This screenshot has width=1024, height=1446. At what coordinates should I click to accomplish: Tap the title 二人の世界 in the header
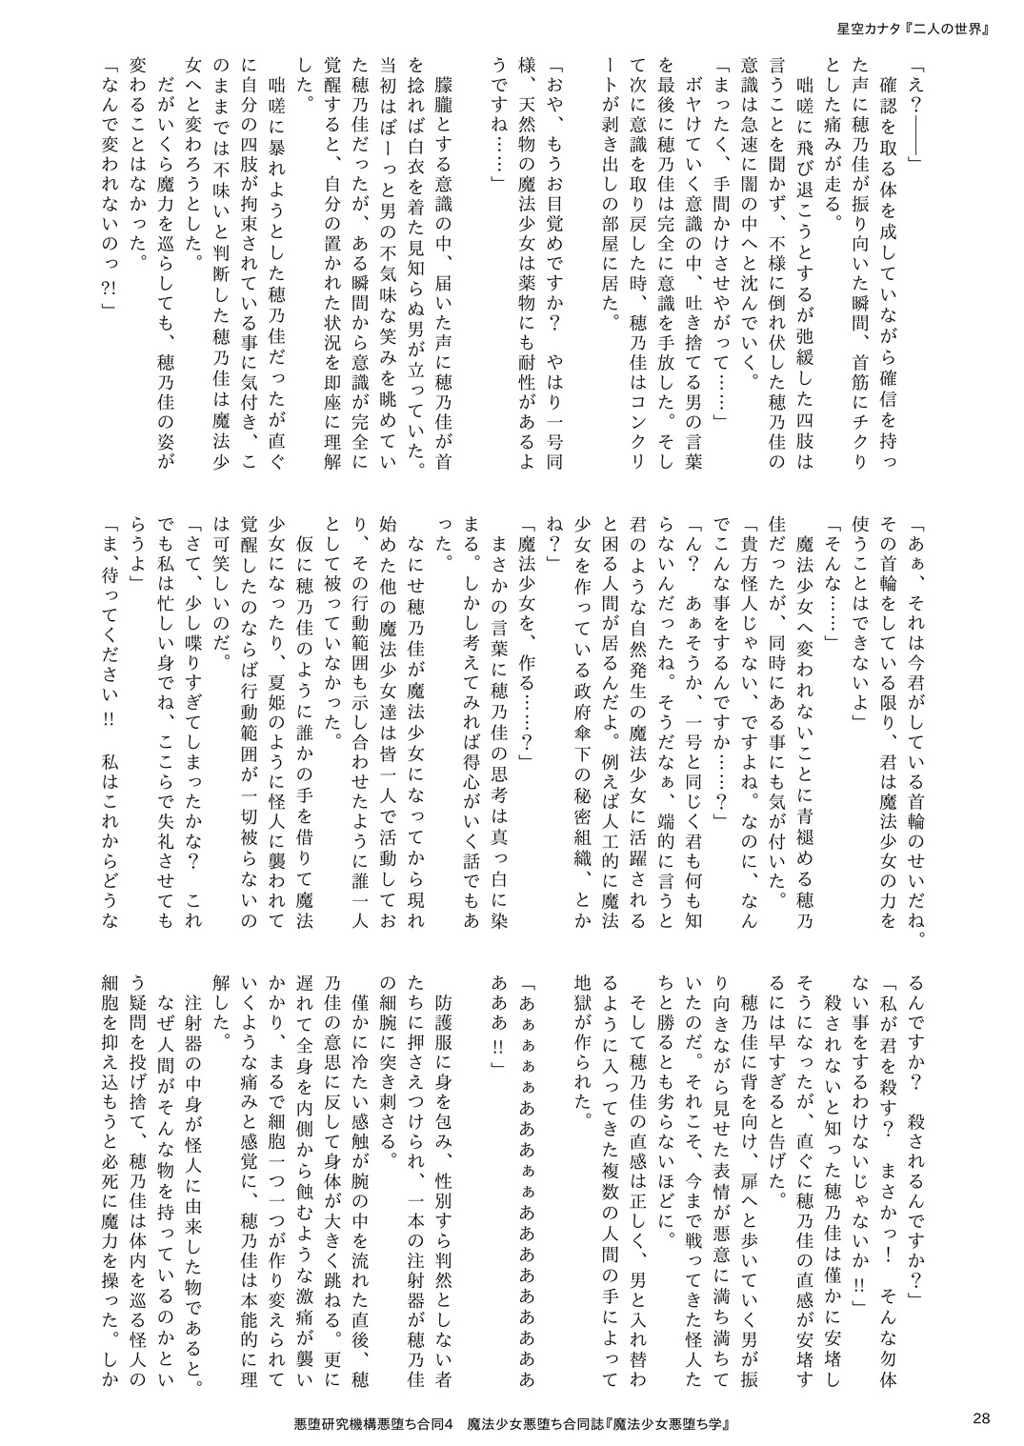pyautogui.click(x=953, y=28)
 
